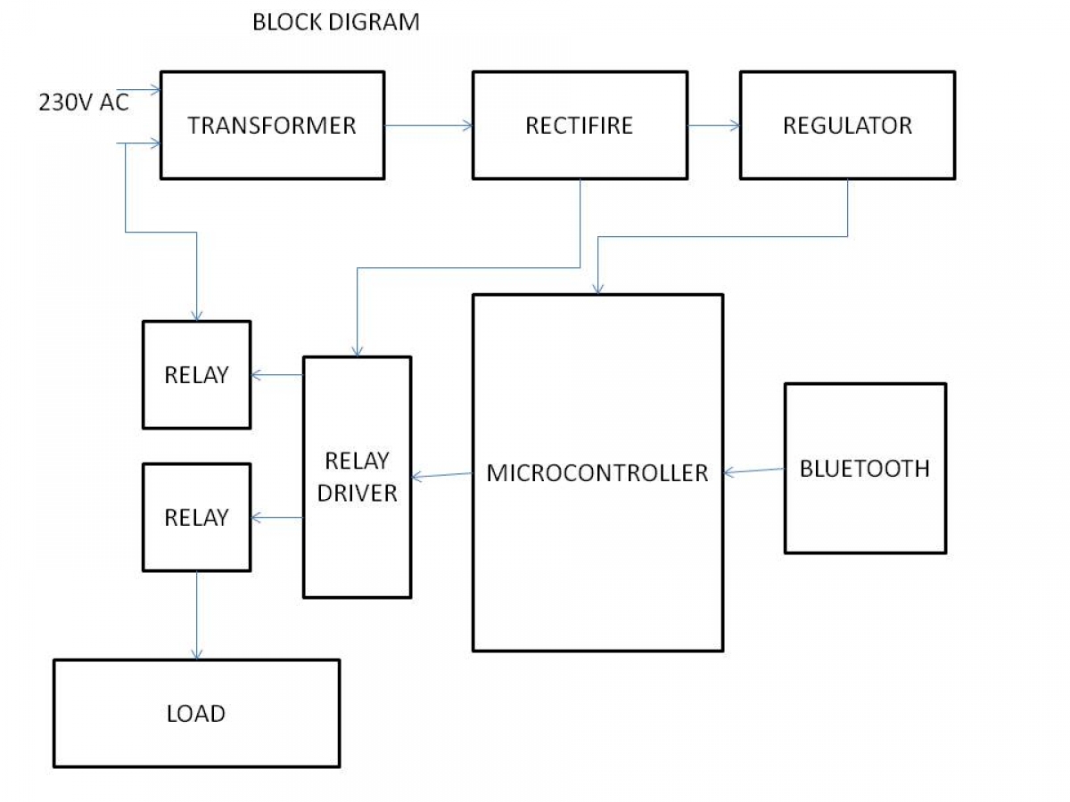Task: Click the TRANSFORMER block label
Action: (x=272, y=126)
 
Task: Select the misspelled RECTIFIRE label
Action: (x=579, y=126)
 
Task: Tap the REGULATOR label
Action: (x=847, y=126)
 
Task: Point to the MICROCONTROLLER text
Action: (x=597, y=473)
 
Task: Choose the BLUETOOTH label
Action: (x=865, y=469)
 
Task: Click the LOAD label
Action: (x=196, y=714)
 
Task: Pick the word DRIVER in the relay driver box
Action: (x=357, y=494)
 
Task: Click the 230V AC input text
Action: (x=84, y=102)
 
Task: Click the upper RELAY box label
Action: (x=196, y=375)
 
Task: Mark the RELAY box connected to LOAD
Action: (x=196, y=517)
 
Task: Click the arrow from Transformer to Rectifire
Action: (x=429, y=126)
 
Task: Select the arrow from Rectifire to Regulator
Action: (x=713, y=126)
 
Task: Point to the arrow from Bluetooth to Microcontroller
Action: (x=754, y=471)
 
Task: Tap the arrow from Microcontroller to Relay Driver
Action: (x=442, y=475)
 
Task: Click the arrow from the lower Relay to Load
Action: (x=196, y=616)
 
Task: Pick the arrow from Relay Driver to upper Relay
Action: (x=277, y=375)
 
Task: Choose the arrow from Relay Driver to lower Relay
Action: (x=277, y=517)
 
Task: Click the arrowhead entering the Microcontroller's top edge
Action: (x=597, y=289)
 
